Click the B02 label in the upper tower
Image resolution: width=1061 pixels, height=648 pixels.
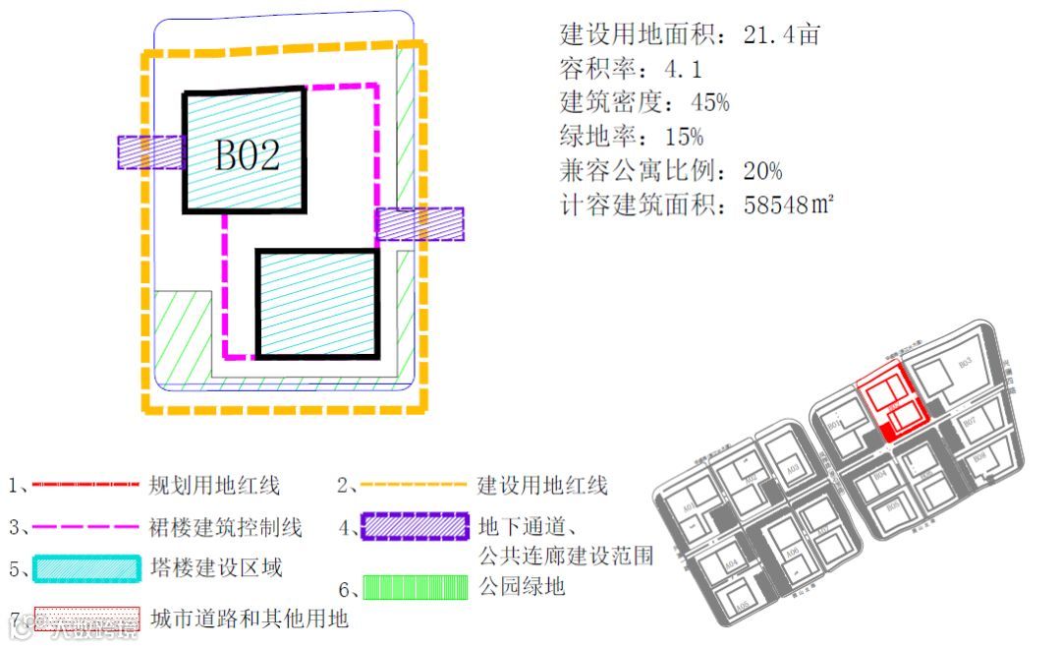248,154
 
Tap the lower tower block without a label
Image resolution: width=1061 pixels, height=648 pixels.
317,303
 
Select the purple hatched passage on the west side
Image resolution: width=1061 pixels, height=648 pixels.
151,152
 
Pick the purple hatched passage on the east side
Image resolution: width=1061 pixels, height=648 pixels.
419,224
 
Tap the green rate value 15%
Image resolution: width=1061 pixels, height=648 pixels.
676,136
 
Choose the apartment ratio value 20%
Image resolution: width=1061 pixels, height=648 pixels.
762,171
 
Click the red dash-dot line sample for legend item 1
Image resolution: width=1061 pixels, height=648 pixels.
85,485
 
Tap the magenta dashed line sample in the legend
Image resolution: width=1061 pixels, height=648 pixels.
85,527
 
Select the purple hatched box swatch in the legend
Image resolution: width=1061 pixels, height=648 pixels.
413,527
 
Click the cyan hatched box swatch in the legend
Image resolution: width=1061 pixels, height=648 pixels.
85,569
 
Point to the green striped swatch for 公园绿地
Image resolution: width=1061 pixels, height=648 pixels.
416,588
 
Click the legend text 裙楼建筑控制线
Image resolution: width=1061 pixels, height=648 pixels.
226,528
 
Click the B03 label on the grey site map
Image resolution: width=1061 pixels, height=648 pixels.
965,362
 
